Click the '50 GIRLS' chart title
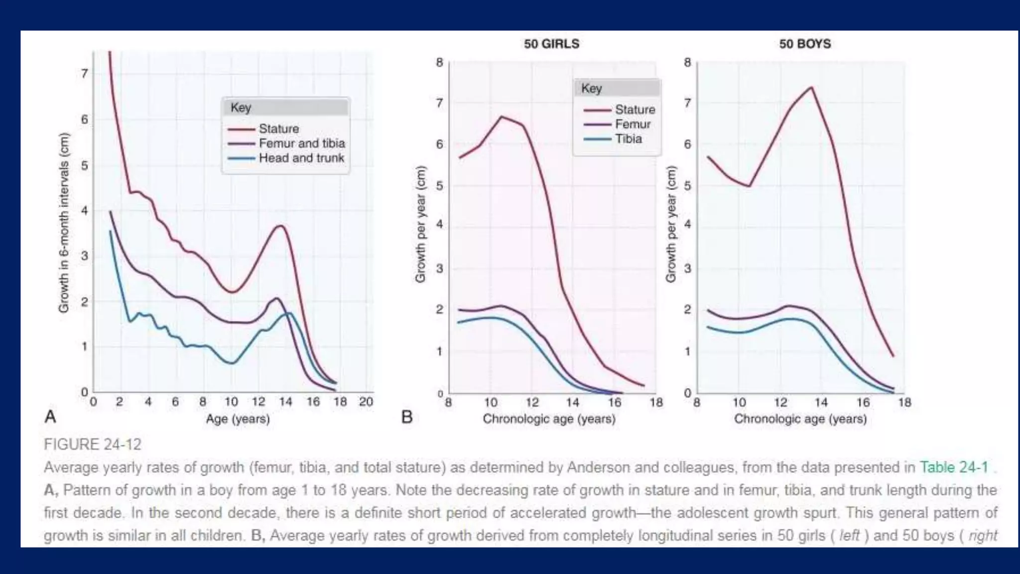click(x=551, y=44)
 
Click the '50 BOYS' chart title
click(x=805, y=44)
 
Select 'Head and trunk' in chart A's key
click(x=301, y=158)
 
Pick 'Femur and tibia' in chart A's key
click(x=302, y=143)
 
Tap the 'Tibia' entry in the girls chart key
click(x=629, y=139)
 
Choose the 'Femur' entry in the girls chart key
click(x=633, y=124)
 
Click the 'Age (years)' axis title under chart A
click(x=238, y=419)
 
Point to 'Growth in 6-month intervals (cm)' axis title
click(x=64, y=223)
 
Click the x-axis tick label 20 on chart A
click(x=366, y=402)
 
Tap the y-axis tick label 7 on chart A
click(x=84, y=74)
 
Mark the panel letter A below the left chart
click(x=50, y=416)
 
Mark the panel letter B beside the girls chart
click(x=407, y=417)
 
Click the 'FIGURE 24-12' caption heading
click(x=93, y=444)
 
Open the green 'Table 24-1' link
click(x=954, y=467)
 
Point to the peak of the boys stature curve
click(x=812, y=88)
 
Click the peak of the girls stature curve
click(x=501, y=117)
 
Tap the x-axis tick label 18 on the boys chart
click(x=904, y=402)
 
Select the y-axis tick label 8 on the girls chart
click(x=439, y=62)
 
